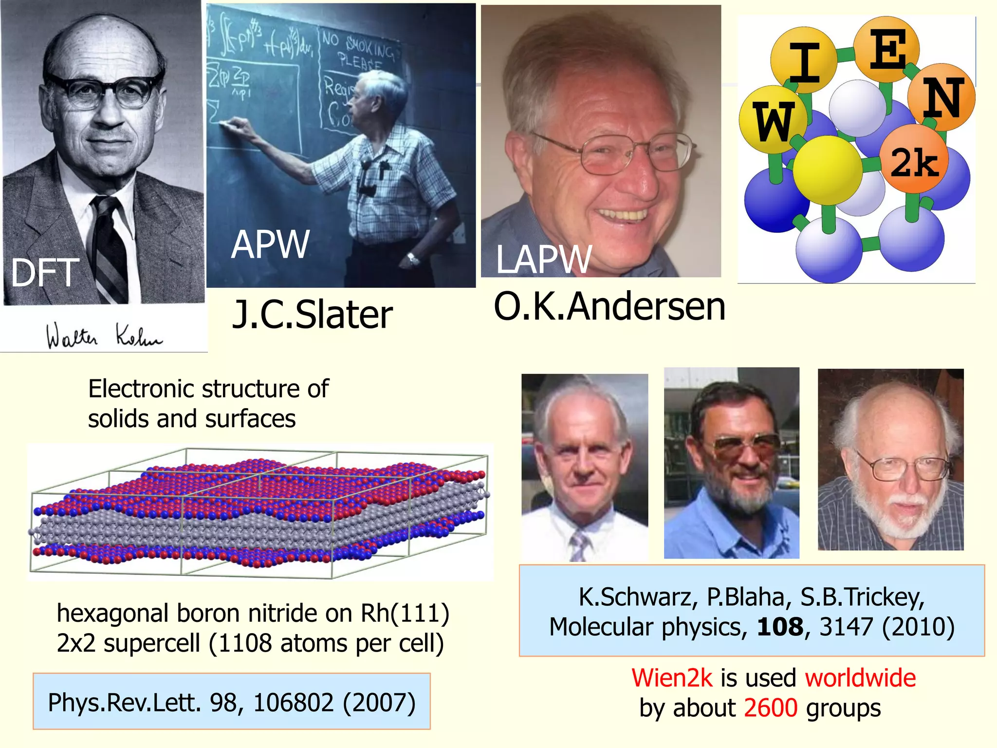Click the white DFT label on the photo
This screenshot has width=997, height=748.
pyautogui.click(x=45, y=273)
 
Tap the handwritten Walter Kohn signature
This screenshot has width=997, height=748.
pyautogui.click(x=104, y=336)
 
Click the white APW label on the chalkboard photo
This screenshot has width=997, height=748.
pyautogui.click(x=270, y=244)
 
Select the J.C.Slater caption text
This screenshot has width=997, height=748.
pyautogui.click(x=312, y=315)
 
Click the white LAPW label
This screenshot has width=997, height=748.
pyautogui.click(x=544, y=260)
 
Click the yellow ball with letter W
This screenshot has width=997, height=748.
pyautogui.click(x=773, y=120)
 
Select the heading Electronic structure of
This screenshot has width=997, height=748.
pyautogui.click(x=208, y=389)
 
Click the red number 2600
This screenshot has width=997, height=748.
pyautogui.click(x=771, y=708)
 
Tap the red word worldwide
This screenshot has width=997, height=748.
pyautogui.click(x=860, y=678)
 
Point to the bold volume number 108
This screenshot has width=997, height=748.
pyautogui.click(x=780, y=627)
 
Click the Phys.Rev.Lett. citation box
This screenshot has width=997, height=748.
pyautogui.click(x=232, y=702)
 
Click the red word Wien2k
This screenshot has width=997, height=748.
pyautogui.click(x=672, y=678)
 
